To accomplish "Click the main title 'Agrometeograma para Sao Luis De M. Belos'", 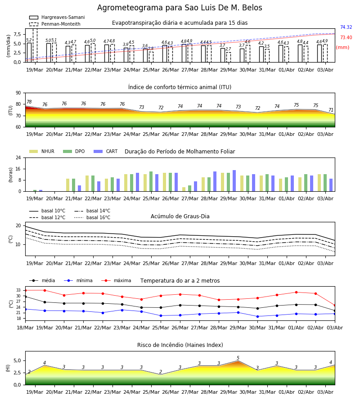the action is [180, 8].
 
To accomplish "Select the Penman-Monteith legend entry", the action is [55, 24].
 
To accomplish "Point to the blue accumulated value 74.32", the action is [346, 27].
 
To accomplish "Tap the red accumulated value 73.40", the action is [346, 37].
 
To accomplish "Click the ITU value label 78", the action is [29, 102].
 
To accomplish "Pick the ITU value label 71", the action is [331, 110].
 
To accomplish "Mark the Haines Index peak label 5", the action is [238, 358].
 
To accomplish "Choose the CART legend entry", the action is [106, 151].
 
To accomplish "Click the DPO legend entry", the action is [74, 151].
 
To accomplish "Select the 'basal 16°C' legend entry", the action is [92, 217].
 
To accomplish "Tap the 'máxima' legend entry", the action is [116, 280].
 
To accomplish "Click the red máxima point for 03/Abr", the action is [335, 305].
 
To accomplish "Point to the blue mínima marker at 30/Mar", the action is [257, 316].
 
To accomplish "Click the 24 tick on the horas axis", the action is [18, 157].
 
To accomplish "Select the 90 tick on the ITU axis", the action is [18, 93].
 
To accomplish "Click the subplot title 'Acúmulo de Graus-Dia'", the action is [180, 216].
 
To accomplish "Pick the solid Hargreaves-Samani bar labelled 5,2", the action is [29, 53].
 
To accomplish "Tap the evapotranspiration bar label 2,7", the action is [228, 49].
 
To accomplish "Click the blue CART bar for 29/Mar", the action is [234, 181].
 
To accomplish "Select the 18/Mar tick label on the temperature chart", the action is [25, 328].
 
